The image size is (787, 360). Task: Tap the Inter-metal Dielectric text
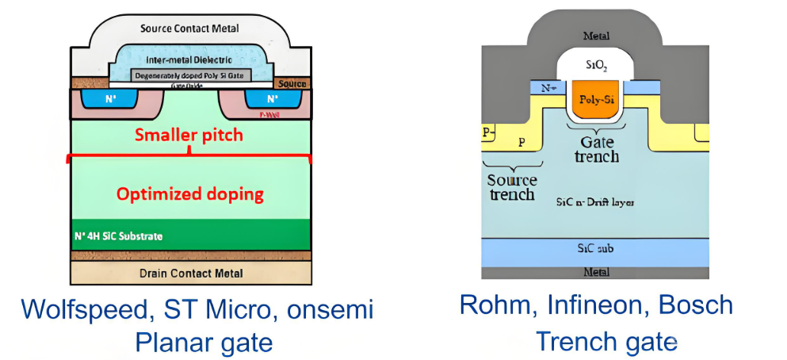pos(189,60)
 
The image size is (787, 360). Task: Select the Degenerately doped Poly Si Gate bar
pos(189,75)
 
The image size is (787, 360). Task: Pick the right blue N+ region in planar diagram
pos(271,100)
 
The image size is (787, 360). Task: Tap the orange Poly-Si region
pos(596,100)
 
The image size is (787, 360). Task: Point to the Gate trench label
pos(596,148)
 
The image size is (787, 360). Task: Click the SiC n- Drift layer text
pos(596,202)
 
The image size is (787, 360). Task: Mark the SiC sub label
pos(596,248)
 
